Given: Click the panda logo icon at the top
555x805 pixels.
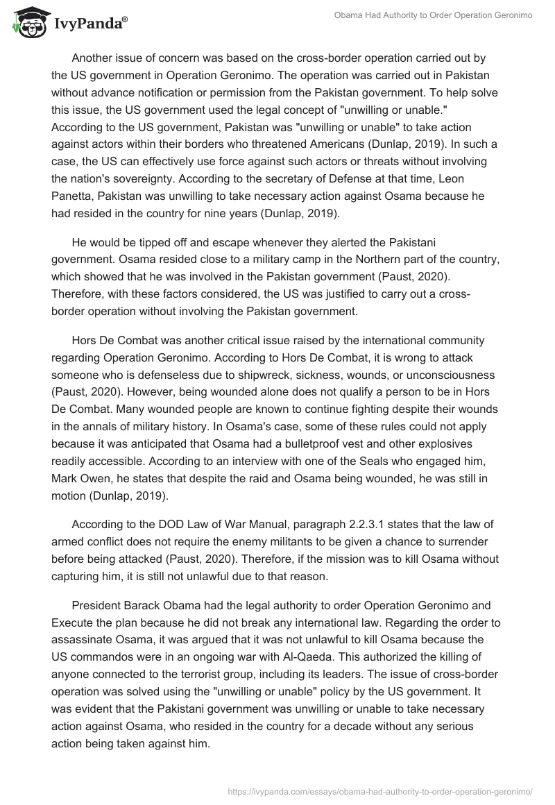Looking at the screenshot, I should pyautogui.click(x=26, y=23).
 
